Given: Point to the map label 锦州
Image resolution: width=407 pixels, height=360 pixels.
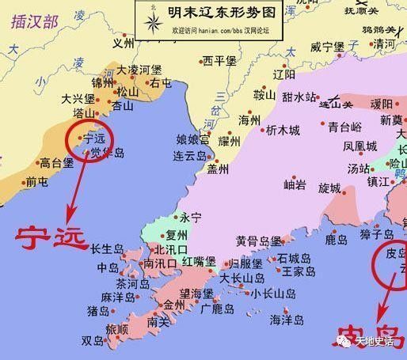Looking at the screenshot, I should point(103,82).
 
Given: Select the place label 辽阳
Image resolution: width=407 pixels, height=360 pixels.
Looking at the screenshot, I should point(283,75).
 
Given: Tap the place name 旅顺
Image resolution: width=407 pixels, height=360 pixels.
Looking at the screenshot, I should point(116,328).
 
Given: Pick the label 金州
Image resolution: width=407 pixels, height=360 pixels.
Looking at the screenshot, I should point(173,303).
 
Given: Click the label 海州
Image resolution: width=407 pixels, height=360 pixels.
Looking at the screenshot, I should point(249,120).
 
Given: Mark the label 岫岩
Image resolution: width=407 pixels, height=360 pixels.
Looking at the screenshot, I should point(295,185).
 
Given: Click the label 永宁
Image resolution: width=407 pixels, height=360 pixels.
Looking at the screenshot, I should point(192,217).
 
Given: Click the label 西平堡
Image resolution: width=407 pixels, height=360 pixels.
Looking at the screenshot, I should point(219,60).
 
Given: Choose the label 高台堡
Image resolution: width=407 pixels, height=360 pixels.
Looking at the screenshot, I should point(57,164).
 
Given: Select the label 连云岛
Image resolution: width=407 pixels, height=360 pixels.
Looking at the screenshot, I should point(190,157).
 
